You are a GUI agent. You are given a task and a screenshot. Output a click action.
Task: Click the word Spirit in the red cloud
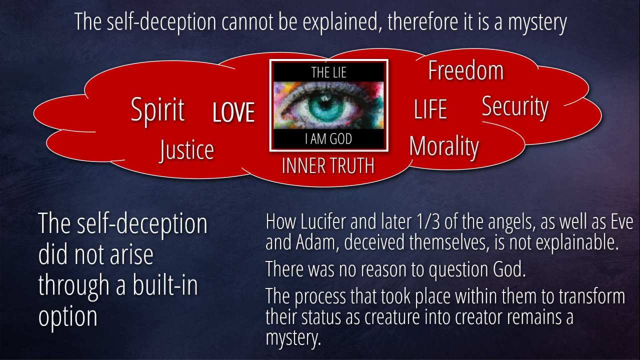pos(157,110)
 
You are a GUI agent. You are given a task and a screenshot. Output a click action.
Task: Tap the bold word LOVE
pos(233,112)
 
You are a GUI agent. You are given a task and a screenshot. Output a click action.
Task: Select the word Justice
pos(186,150)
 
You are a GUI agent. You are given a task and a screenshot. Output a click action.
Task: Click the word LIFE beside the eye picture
pos(430,109)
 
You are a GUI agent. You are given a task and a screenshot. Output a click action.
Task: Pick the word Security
pos(515,107)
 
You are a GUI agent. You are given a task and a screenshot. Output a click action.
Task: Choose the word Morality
pos(443,147)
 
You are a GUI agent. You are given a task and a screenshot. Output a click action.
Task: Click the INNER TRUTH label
pos(328,165)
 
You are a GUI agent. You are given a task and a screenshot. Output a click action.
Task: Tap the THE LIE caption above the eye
pos(328,72)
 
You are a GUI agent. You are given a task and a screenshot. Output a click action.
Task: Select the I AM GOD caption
pos(328,139)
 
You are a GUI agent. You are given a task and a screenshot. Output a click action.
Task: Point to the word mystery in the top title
pos(537,23)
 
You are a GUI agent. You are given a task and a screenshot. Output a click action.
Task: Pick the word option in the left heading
pos(67,316)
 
